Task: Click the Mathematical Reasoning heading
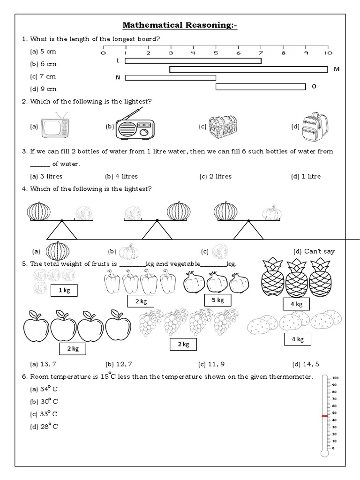[x=180, y=25]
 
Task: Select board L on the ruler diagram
[x=193, y=61]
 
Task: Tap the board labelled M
[x=248, y=69]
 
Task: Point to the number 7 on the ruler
[x=261, y=53]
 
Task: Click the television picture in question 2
[x=55, y=126]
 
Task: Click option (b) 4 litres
[x=121, y=176]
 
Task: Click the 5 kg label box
[x=217, y=300]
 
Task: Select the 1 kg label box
[x=64, y=291]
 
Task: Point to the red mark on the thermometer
[x=324, y=416]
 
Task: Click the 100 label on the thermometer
[x=335, y=378]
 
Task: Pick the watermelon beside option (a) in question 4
[x=57, y=251]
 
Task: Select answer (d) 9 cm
[x=43, y=89]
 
